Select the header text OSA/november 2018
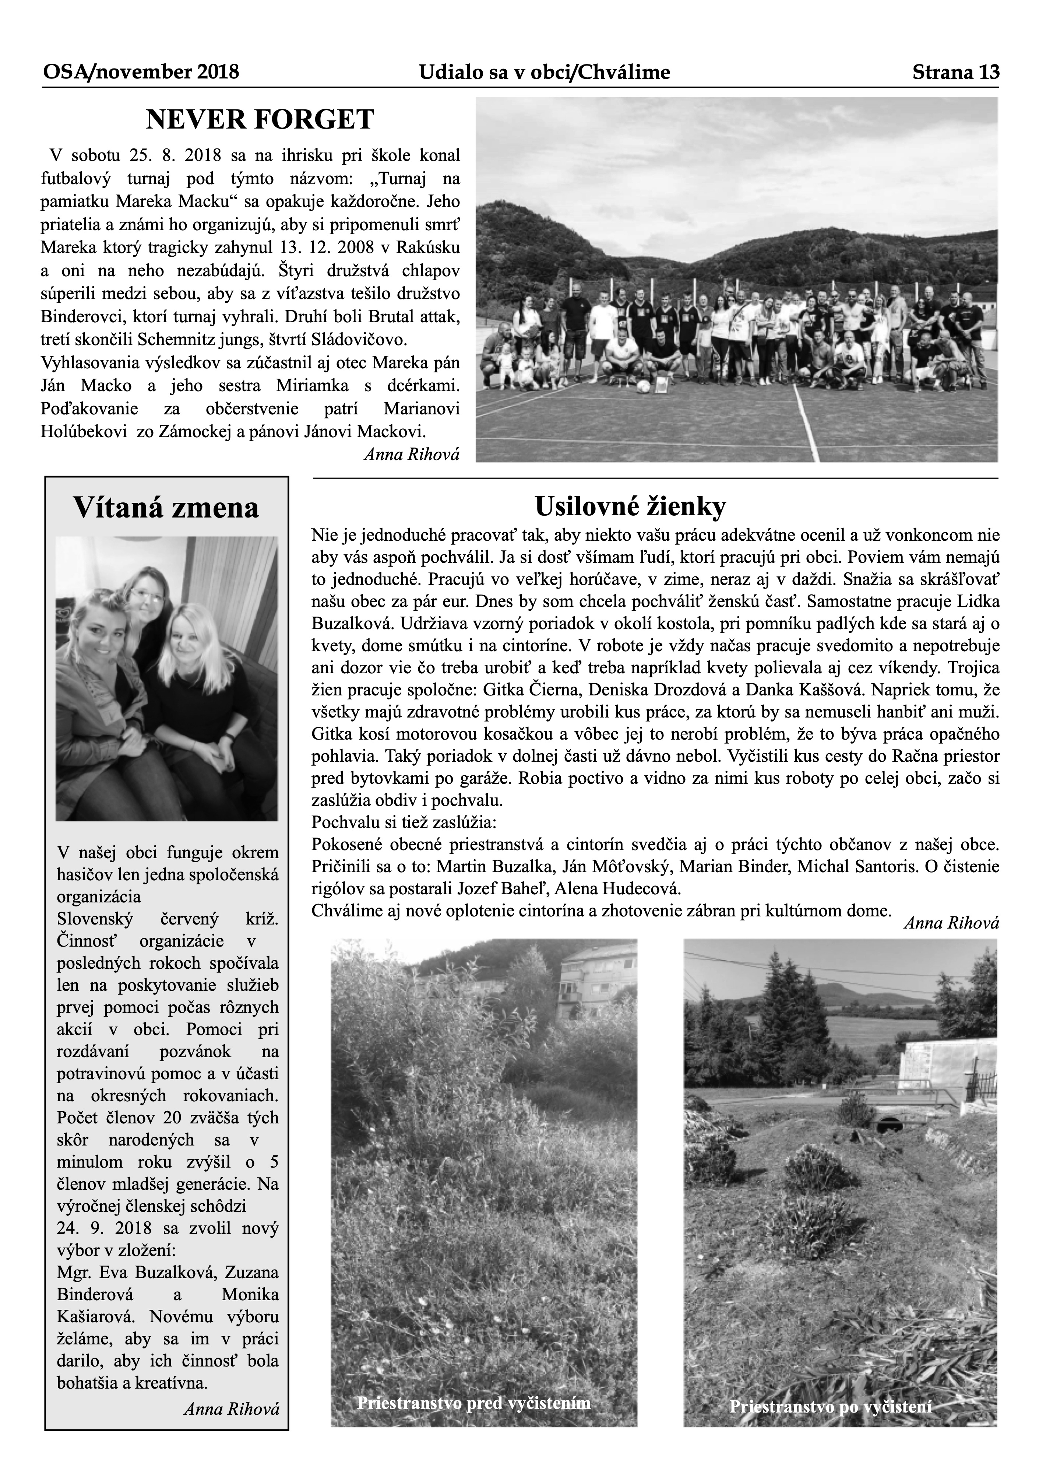coord(141,72)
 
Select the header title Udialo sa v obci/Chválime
coord(544,72)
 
